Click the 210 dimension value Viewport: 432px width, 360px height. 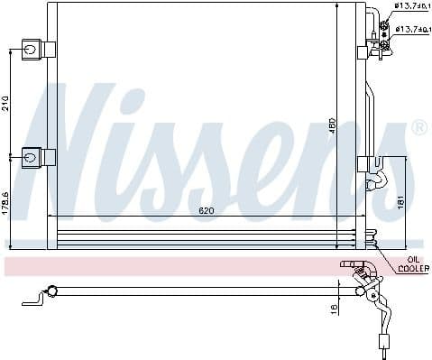coord(5,102)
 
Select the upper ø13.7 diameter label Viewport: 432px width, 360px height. coord(410,8)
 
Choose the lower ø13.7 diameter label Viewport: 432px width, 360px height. coord(410,29)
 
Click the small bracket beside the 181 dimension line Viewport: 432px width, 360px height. coord(369,165)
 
